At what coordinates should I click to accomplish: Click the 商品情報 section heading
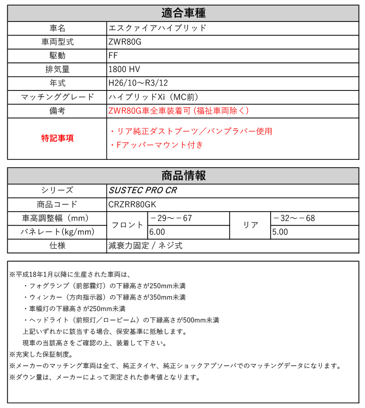click(x=183, y=175)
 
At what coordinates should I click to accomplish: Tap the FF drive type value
click(x=114, y=55)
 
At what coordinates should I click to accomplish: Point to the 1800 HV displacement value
click(x=124, y=69)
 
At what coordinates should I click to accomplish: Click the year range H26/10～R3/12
click(x=138, y=83)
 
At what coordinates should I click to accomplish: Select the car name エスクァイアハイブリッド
click(x=157, y=27)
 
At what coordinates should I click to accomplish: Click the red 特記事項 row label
click(x=57, y=138)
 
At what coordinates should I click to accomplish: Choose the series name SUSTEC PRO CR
click(x=142, y=191)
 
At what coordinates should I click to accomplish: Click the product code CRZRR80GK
click(x=135, y=205)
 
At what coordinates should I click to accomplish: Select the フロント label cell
click(x=127, y=225)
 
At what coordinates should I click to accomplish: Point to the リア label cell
click(x=250, y=225)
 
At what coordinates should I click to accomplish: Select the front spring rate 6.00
click(x=157, y=232)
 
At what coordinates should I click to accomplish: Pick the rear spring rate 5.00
click(x=280, y=232)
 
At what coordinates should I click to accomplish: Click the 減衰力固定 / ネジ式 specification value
click(x=146, y=246)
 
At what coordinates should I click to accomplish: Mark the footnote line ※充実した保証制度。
click(x=41, y=354)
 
